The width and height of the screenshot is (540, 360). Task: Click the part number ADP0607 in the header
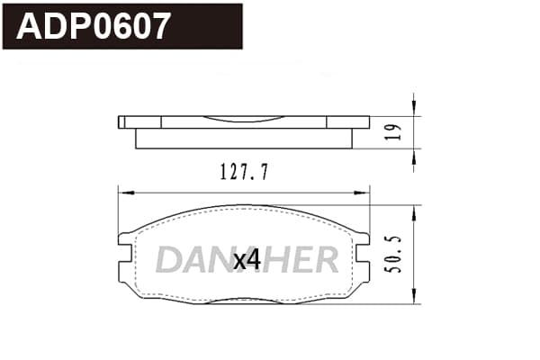(x=93, y=26)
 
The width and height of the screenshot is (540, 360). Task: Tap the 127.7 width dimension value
(x=244, y=172)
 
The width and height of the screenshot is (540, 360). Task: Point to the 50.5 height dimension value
(x=393, y=255)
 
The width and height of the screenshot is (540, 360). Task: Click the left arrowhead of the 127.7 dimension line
(x=126, y=193)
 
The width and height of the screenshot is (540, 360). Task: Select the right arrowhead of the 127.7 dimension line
(x=362, y=193)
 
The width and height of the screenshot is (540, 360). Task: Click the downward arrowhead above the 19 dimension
(x=414, y=109)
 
